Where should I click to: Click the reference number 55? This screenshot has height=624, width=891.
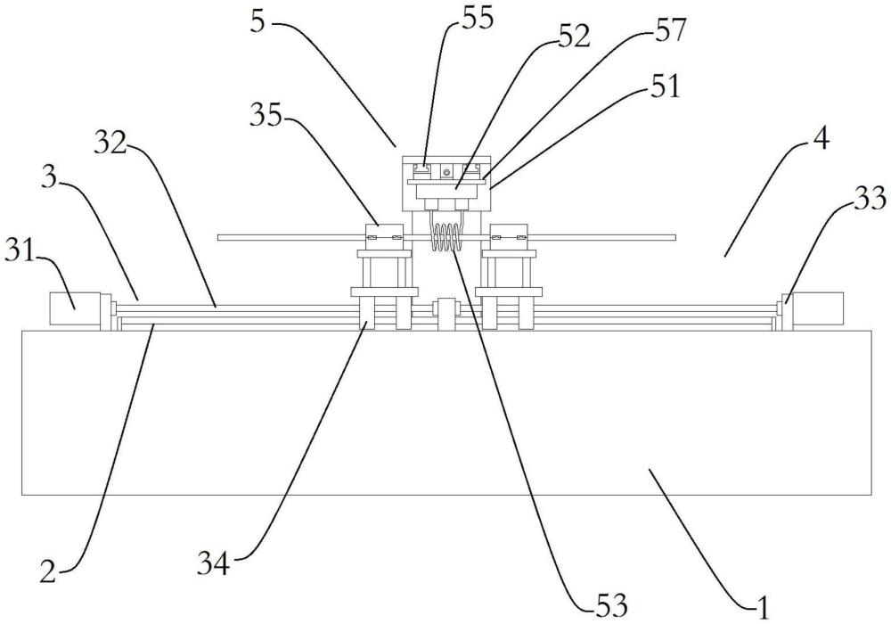tap(478, 18)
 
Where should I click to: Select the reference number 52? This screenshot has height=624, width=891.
tap(574, 37)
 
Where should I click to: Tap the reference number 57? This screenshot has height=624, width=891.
tap(670, 30)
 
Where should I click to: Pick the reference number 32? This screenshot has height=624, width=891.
tap(110, 144)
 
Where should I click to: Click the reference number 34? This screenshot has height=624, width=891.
tap(214, 563)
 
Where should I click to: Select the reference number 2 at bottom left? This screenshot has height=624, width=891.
tap(48, 570)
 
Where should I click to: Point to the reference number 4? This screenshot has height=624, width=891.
tap(820, 138)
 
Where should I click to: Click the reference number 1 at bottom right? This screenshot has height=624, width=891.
tap(763, 608)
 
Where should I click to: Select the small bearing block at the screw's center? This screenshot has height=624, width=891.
tap(445, 313)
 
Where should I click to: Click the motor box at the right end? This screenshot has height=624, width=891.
tap(817, 309)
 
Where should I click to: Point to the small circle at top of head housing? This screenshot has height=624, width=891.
tap(447, 171)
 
